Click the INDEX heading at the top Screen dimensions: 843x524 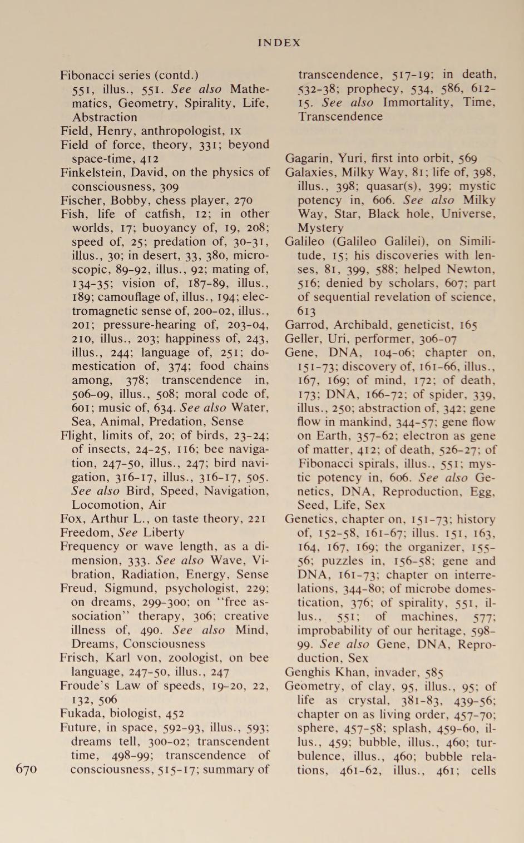[x=279, y=43]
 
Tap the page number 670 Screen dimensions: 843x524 [x=26, y=769]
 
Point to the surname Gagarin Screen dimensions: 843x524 [x=307, y=158]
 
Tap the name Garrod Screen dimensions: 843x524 [x=304, y=325]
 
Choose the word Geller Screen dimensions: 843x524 [x=302, y=339]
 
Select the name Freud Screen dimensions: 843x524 [x=78, y=588]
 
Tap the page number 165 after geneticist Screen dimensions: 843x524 [x=466, y=325]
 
